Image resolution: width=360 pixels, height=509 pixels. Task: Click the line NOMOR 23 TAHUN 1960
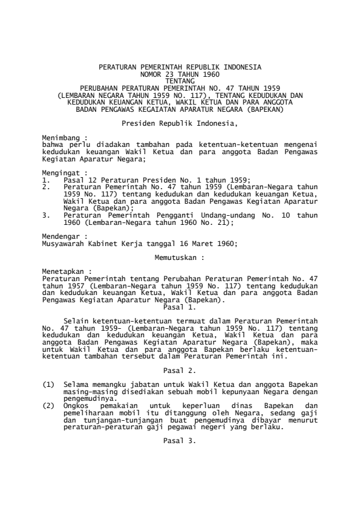[x=180, y=73]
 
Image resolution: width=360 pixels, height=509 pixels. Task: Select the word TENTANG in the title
[x=180, y=80]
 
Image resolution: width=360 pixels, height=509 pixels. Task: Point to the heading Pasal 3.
[x=180, y=440]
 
